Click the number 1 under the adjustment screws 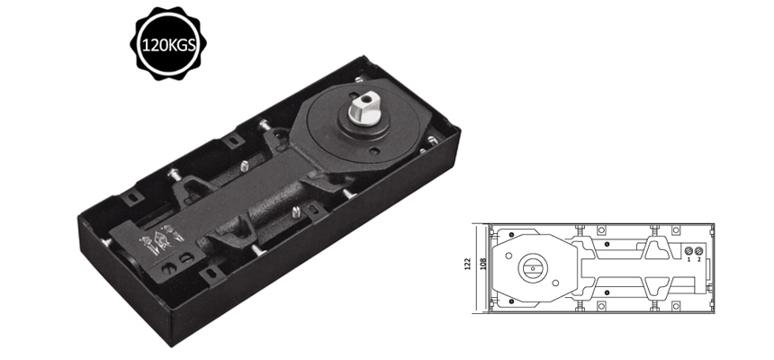689,260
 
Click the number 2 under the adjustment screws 700,260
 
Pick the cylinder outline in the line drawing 621,267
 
